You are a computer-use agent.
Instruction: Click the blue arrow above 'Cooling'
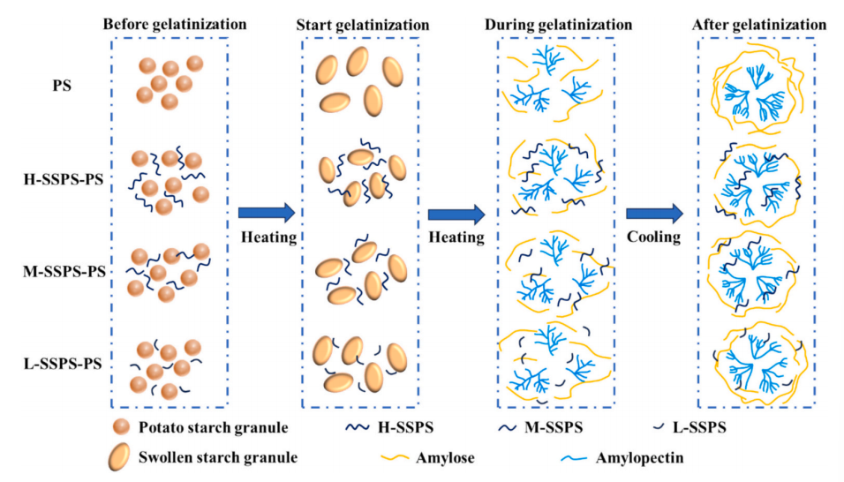tap(654, 212)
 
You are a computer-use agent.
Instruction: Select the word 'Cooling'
tap(654, 237)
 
